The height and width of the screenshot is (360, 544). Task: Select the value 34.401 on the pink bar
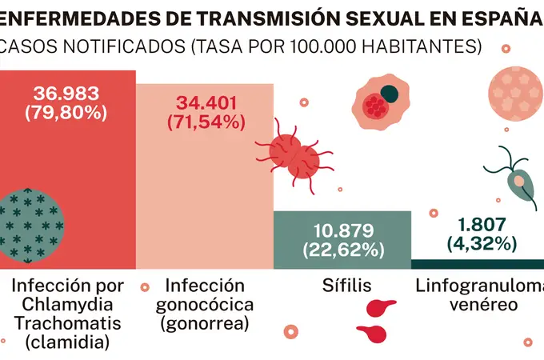click(x=204, y=103)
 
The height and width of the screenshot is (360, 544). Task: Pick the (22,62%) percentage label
click(x=342, y=250)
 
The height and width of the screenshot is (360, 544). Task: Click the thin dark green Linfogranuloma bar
click(x=477, y=264)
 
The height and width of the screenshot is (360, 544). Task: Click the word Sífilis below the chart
click(x=342, y=286)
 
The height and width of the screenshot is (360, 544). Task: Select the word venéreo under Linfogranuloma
click(x=477, y=305)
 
